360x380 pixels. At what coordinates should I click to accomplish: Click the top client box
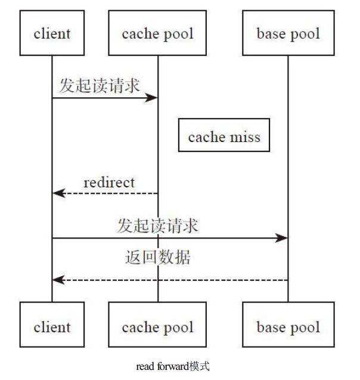[52, 34]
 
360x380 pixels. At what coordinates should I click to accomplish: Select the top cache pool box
[157, 34]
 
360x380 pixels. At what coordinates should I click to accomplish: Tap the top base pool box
[288, 34]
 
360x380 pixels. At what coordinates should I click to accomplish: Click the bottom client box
[52, 326]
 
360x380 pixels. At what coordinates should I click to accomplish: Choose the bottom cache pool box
[157, 326]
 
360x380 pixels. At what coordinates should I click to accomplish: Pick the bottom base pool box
[288, 326]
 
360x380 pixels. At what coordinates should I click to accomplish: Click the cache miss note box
[224, 137]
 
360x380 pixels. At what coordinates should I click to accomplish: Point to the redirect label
[109, 182]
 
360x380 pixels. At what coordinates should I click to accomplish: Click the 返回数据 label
[158, 257]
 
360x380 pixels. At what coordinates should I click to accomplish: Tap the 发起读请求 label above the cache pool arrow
[100, 85]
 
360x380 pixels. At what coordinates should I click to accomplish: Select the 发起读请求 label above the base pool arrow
[158, 225]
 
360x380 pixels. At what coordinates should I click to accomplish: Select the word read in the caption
[145, 366]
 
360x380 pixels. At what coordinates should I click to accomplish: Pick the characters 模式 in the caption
[200, 366]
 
